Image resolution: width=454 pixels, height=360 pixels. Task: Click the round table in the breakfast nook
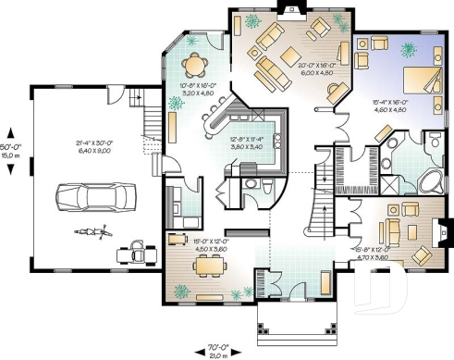[195, 64]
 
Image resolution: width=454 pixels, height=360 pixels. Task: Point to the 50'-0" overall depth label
[10, 147]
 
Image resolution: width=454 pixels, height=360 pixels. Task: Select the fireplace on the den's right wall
[446, 229]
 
